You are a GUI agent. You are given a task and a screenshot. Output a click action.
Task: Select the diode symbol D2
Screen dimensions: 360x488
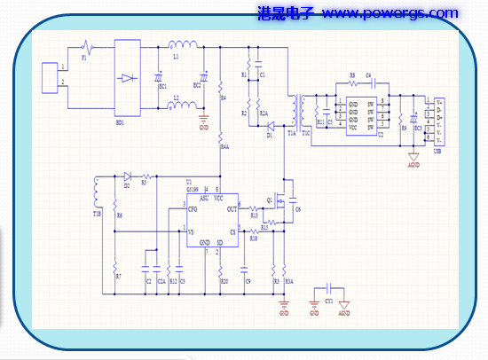[127, 176]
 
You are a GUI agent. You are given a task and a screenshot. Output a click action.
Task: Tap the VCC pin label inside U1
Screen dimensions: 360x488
[219, 200]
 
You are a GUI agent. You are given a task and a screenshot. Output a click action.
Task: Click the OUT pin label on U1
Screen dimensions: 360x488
[232, 209]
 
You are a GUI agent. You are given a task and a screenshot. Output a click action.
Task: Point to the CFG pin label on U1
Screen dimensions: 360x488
[193, 209]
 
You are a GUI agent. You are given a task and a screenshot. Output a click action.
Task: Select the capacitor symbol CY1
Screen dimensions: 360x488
[328, 289]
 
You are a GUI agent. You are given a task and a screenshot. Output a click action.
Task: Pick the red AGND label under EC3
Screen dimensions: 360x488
[413, 165]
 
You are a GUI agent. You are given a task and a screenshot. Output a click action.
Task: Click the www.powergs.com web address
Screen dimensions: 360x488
[390, 13]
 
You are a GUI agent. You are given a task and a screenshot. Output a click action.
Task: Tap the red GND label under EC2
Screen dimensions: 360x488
[203, 129]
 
